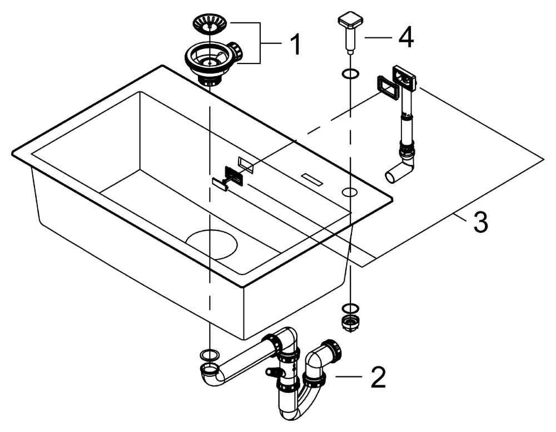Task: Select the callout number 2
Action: [376, 377]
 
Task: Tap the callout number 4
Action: [405, 37]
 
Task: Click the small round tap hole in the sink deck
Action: [350, 193]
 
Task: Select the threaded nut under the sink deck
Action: [350, 323]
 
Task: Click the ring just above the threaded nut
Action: [350, 308]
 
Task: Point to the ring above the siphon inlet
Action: [208, 354]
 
